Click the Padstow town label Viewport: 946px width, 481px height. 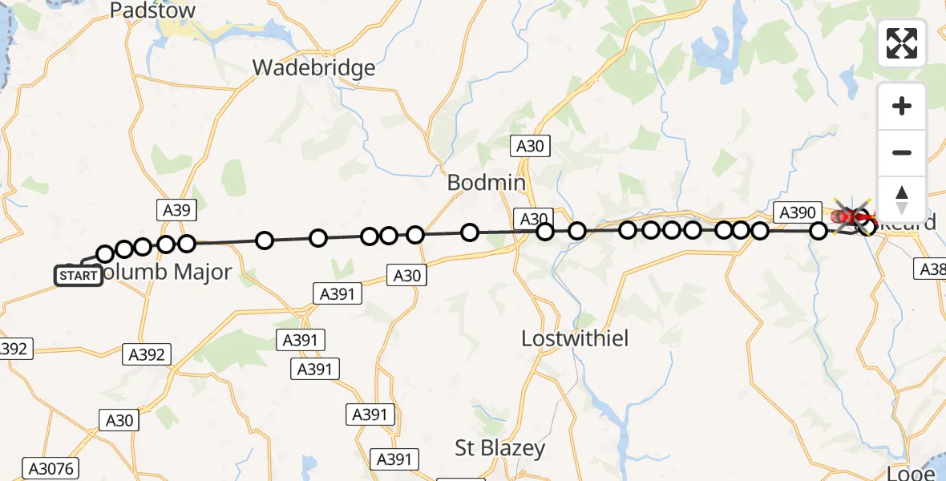[152, 10]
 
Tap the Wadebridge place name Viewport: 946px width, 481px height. [313, 67]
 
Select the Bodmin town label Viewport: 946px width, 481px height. [486, 183]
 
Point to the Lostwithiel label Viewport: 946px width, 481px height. [575, 338]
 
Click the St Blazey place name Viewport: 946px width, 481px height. [500, 448]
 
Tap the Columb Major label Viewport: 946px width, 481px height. [167, 273]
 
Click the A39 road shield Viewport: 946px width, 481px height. [176, 210]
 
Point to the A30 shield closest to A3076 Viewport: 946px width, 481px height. [120, 419]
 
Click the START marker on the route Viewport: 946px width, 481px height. [78, 276]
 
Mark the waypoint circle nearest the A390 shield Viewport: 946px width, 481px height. [819, 231]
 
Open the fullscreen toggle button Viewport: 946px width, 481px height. [902, 43]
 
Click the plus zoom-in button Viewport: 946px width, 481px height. [902, 106]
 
